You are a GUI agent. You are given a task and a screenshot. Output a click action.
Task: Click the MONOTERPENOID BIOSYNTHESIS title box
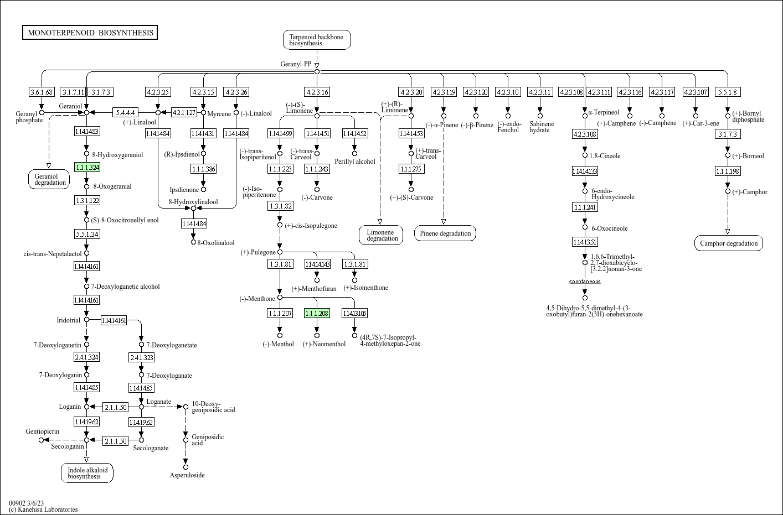click(90, 33)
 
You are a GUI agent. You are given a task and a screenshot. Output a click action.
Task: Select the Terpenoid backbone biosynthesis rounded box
click(317, 40)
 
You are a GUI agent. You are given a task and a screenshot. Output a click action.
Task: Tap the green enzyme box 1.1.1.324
click(87, 167)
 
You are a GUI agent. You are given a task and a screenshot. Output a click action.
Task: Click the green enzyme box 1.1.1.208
click(317, 313)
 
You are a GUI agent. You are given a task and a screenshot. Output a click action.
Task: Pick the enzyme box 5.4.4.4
click(125, 112)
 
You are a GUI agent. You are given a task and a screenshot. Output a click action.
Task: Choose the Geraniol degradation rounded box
click(50, 179)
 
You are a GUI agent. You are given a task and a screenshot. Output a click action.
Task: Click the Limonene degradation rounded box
click(381, 235)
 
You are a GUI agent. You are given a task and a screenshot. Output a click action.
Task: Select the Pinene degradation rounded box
click(445, 233)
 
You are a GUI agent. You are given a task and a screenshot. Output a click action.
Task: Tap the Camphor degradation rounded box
click(728, 243)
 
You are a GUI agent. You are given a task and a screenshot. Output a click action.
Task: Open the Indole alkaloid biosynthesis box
click(87, 473)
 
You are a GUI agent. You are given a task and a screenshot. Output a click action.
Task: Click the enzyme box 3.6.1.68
click(42, 92)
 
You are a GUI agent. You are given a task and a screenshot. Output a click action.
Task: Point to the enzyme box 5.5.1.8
click(728, 92)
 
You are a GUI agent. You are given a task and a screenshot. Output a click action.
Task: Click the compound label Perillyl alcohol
click(354, 162)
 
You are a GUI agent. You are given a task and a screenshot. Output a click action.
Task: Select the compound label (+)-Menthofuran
click(313, 289)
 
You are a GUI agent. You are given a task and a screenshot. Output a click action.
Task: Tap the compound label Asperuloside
click(187, 475)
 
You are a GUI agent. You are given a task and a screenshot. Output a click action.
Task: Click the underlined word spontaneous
click(585, 282)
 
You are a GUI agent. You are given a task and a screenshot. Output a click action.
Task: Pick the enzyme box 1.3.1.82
click(280, 206)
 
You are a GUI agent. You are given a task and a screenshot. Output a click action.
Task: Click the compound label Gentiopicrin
click(42, 431)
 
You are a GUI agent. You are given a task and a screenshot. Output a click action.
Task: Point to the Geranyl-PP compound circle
click(317, 72)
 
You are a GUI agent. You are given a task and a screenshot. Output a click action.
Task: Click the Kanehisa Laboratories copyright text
click(43, 509)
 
